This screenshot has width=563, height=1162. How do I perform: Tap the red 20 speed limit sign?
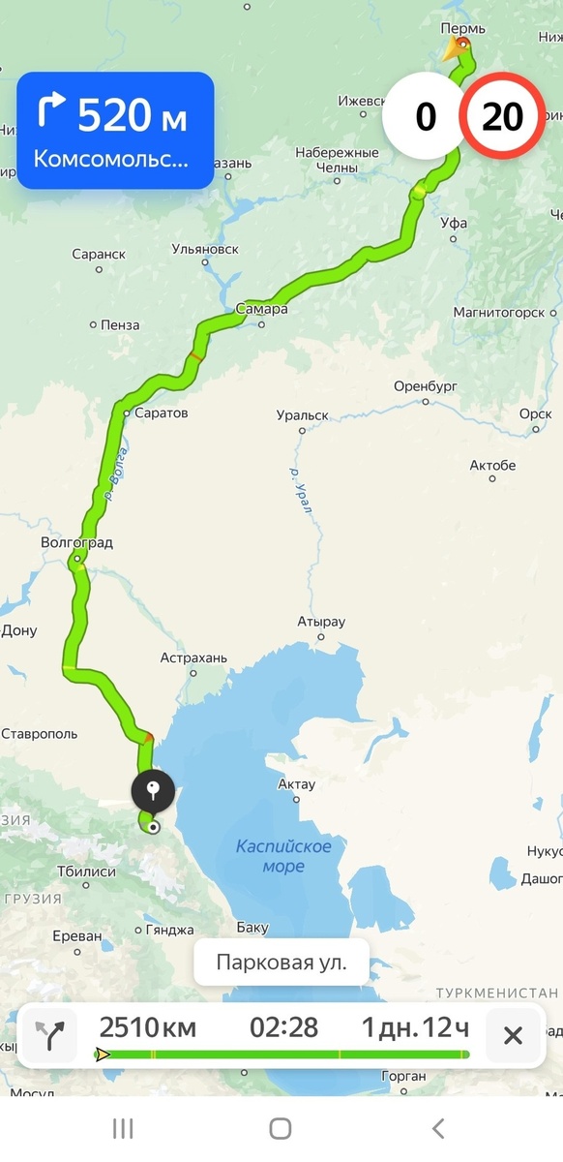503,117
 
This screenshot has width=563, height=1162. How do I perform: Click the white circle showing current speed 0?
426,117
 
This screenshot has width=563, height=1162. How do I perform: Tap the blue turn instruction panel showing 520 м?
115,131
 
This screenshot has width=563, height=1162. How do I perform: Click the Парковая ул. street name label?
281,963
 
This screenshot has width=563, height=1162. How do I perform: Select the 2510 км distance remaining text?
147,1027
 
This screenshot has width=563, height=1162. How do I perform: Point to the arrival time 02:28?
283,1027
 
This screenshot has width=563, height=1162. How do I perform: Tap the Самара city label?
261,310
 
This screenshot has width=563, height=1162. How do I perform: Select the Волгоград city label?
77,543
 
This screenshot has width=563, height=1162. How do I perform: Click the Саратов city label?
162,413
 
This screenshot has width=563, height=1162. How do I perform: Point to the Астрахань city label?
193,658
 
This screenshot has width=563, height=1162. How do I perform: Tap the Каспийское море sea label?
283,856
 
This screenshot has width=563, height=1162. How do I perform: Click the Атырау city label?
321,622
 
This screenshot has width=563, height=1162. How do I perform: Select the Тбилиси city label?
87,872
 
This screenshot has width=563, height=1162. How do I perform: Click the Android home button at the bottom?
281,1128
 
